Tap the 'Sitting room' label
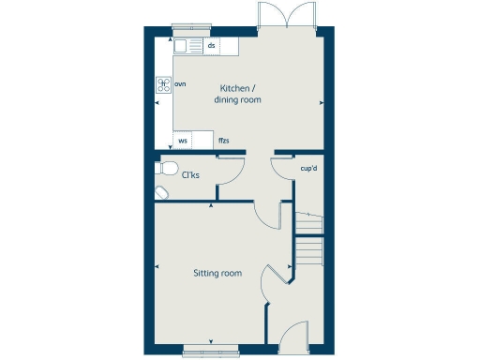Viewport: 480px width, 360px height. pos(217,274)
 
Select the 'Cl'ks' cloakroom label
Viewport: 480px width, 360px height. pos(190,175)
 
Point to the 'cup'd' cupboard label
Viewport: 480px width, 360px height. pos(308,169)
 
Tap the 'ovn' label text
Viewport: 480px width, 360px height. pos(180,84)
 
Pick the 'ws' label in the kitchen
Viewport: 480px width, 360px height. pos(183,142)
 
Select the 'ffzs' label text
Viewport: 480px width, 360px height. pos(223,142)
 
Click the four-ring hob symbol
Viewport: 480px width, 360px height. pos(163,84)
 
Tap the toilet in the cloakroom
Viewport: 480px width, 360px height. pos(168,169)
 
